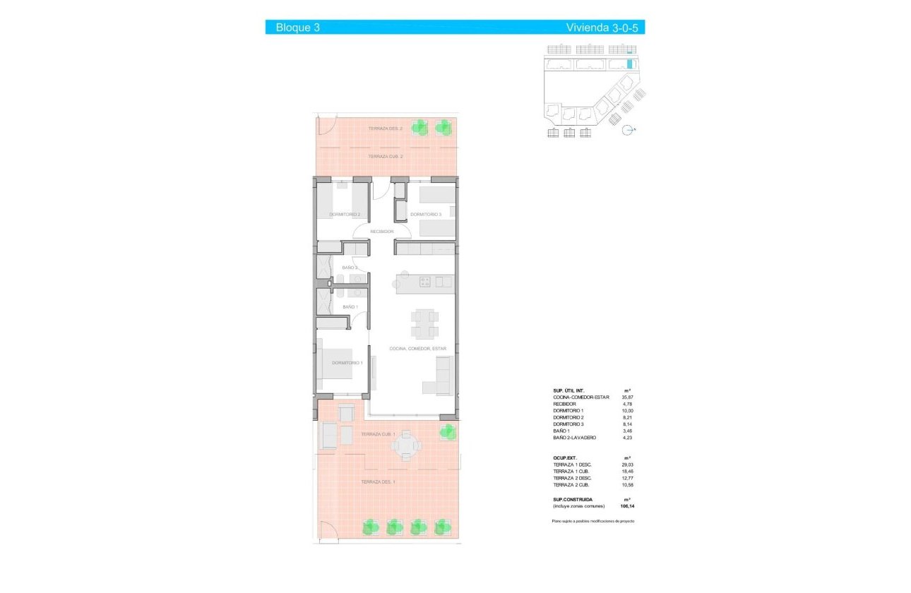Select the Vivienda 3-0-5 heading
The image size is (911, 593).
(604, 28)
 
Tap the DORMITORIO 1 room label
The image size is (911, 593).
(347, 363)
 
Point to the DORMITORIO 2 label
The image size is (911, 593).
(345, 215)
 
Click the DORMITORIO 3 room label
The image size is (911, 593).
(426, 215)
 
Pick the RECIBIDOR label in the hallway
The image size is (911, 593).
(382, 232)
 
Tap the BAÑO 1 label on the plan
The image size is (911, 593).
(350, 307)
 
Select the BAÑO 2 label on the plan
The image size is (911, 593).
(350, 268)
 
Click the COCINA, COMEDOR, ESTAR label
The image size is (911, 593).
(418, 349)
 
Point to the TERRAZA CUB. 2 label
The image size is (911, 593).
(386, 156)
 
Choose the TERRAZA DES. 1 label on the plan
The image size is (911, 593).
(379, 482)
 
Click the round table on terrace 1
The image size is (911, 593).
(406, 445)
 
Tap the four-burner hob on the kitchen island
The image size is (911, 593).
(425, 282)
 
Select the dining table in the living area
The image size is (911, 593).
(425, 324)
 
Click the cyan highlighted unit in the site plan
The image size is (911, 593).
(629, 64)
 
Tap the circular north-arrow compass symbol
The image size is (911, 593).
(627, 129)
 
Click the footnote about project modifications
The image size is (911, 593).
(593, 520)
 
